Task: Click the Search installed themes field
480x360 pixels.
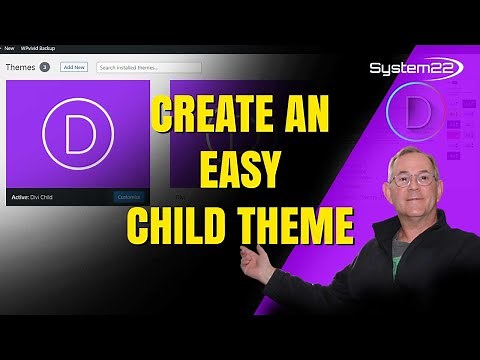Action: pyautogui.click(x=148, y=67)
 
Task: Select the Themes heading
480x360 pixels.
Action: pyautogui.click(x=20, y=67)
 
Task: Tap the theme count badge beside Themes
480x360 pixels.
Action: pyautogui.click(x=45, y=67)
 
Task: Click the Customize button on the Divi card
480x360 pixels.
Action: pyautogui.click(x=128, y=197)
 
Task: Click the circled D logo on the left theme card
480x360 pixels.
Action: pyautogui.click(x=77, y=135)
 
